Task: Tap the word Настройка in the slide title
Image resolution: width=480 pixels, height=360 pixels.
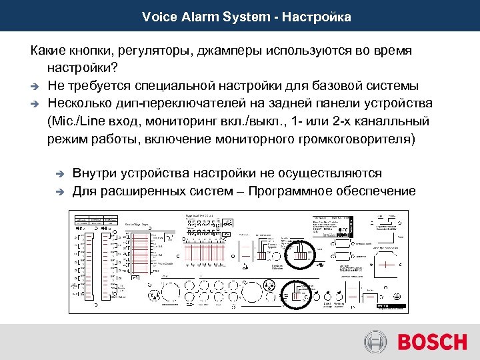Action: pyautogui.click(x=317, y=16)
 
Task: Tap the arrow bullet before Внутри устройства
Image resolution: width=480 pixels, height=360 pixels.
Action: pyautogui.click(x=59, y=174)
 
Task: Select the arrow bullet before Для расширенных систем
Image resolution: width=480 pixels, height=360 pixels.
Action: pyautogui.click(x=59, y=192)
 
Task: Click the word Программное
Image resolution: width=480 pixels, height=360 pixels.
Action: pyautogui.click(x=297, y=191)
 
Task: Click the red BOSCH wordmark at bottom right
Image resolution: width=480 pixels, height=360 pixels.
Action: pyautogui.click(x=433, y=342)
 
